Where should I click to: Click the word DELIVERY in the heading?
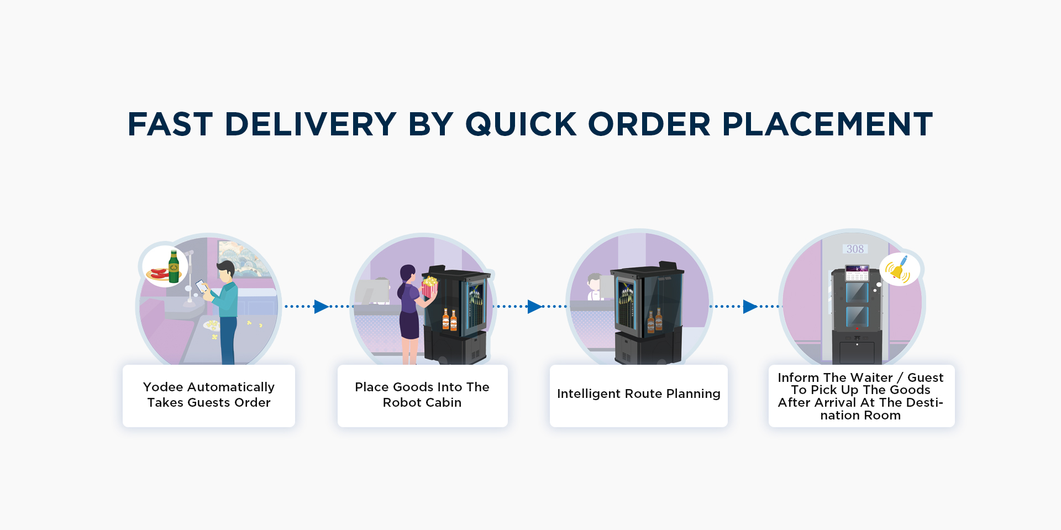pyautogui.click(x=311, y=124)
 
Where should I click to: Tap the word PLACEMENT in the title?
pyautogui.click(x=827, y=124)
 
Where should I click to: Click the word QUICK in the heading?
pyautogui.click(x=521, y=125)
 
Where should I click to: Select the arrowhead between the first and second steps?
pyautogui.click(x=321, y=306)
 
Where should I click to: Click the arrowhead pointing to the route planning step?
pyautogui.click(x=534, y=306)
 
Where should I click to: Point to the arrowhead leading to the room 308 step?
pyautogui.click(x=750, y=306)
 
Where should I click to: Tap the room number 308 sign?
pyautogui.click(x=855, y=249)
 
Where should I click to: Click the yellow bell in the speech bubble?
pyautogui.click(x=897, y=269)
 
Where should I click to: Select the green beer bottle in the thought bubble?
pyautogui.click(x=174, y=266)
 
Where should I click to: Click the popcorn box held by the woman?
pyautogui.click(x=429, y=287)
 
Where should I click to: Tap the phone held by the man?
pyautogui.click(x=202, y=286)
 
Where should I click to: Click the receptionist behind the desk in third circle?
pyautogui.click(x=595, y=287)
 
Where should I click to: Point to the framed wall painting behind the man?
pyautogui.click(x=243, y=259)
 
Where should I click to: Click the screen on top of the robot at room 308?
pyautogui.click(x=857, y=273)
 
